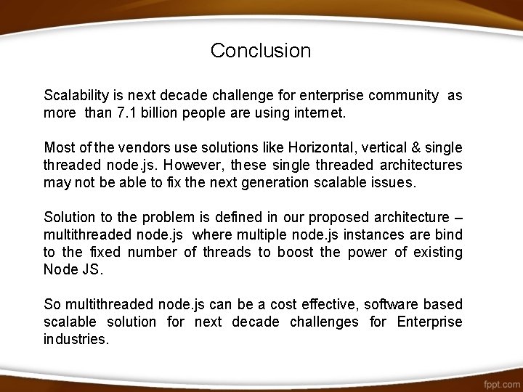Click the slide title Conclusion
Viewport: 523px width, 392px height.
tap(261, 51)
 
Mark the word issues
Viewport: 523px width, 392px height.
tap(393, 183)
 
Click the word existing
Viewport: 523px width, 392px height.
tap(437, 253)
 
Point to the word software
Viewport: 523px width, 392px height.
tap(393, 305)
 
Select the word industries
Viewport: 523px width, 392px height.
tap(76, 340)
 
